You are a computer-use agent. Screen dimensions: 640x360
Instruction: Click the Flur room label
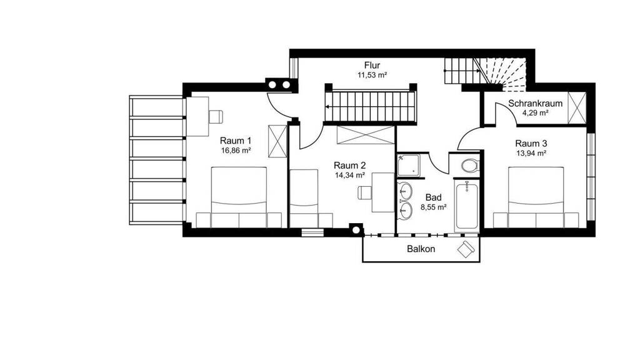[x=372, y=65]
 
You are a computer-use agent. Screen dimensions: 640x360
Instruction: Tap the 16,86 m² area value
[x=236, y=150]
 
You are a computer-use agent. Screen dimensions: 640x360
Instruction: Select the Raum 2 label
[x=349, y=165]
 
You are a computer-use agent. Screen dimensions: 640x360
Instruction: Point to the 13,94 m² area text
[x=531, y=154]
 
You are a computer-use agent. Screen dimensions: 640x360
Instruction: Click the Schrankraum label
[x=535, y=104]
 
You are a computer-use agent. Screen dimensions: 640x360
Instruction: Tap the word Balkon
[x=421, y=249]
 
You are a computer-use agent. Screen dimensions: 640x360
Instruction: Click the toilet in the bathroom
[x=470, y=166]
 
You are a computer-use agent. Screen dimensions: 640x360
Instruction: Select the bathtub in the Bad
[x=467, y=206]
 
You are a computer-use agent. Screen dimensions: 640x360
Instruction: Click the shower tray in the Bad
[x=409, y=166]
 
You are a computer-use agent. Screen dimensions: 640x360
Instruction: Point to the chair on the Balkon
[x=466, y=249]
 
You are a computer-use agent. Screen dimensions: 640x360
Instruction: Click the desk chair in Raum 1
[x=216, y=116]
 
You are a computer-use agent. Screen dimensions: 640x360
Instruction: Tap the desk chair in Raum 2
[x=364, y=192]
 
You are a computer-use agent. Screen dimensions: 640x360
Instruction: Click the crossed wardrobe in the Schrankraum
[x=577, y=107]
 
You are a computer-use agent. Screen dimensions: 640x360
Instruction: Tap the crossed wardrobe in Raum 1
[x=277, y=141]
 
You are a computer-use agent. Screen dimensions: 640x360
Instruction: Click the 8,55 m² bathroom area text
[x=434, y=207]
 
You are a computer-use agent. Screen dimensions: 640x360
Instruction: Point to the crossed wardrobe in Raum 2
[x=366, y=135]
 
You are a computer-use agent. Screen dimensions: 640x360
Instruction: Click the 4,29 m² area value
[x=535, y=113]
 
